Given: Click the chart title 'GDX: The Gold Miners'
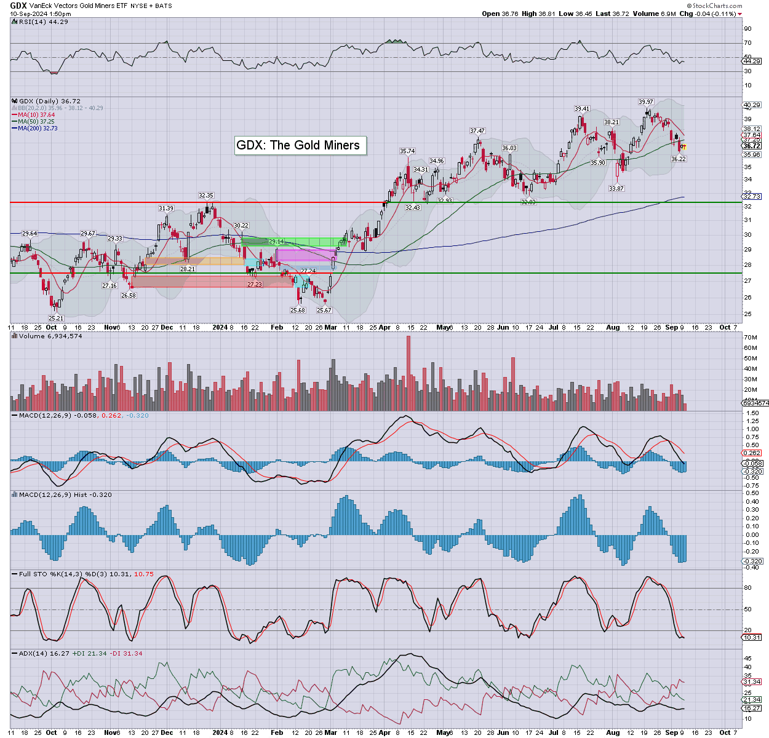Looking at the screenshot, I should pyautogui.click(x=298, y=145).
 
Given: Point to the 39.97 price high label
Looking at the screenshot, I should pyautogui.click(x=645, y=102).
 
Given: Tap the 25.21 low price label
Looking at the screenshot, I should pyautogui.click(x=56, y=318).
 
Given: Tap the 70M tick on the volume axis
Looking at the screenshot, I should pyautogui.click(x=750, y=338).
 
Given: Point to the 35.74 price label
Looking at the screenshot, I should pyautogui.click(x=407, y=151).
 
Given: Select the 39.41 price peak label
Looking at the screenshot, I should pyautogui.click(x=581, y=109).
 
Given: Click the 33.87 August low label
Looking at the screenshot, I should pyautogui.click(x=616, y=189).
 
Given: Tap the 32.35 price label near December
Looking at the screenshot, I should pyautogui.click(x=205, y=196).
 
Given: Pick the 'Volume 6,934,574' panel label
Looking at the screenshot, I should pyautogui.click(x=50, y=336).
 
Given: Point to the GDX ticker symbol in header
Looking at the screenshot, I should pyautogui.click(x=18, y=6).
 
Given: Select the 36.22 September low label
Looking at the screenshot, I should pyautogui.click(x=678, y=159).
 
